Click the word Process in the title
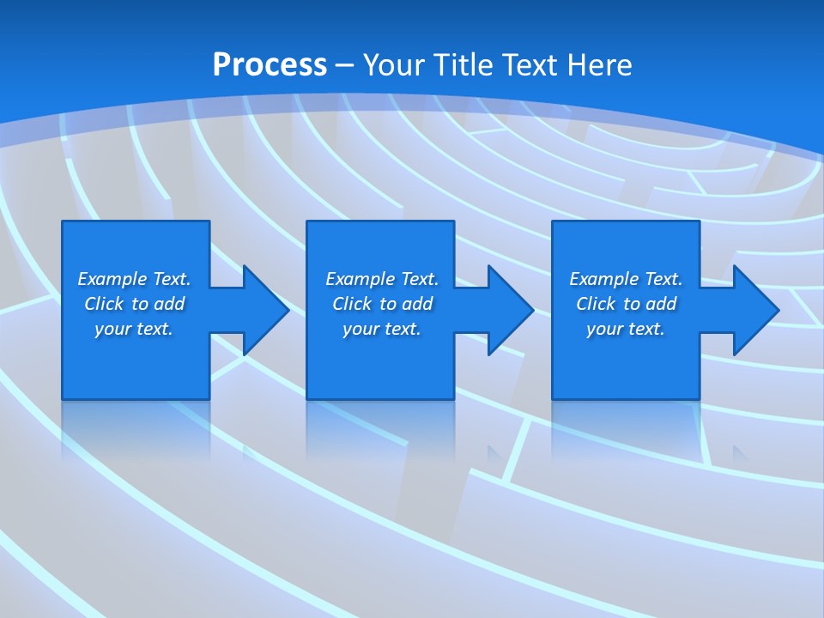click(x=270, y=65)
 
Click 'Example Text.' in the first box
click(x=134, y=279)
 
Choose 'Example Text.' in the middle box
click(x=382, y=279)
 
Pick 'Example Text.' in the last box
click(x=626, y=279)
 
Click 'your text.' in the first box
click(x=134, y=329)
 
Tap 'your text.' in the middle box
click(x=382, y=329)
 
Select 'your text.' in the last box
click(x=626, y=329)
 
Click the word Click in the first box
click(x=104, y=304)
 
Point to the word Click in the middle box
click(x=352, y=304)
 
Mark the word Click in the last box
click(x=596, y=304)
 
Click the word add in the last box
click(x=661, y=304)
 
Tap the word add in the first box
click(x=169, y=304)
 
